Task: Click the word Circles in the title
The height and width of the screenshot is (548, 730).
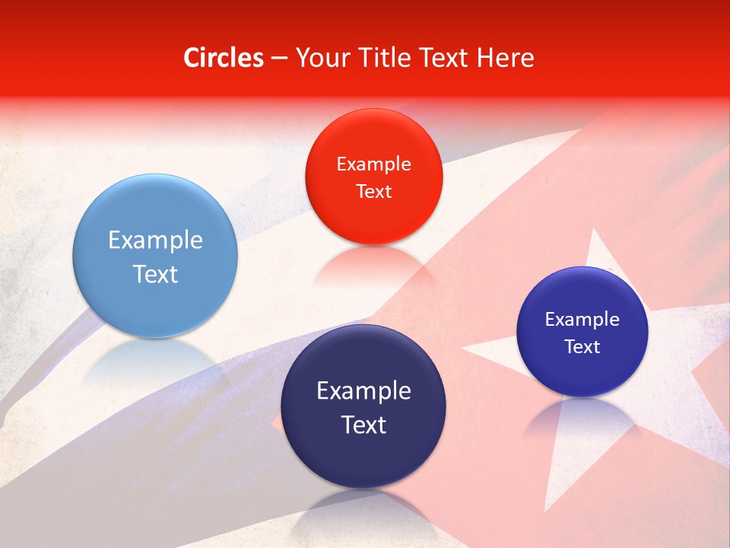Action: pyautogui.click(x=223, y=58)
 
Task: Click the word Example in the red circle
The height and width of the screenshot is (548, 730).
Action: pyautogui.click(x=373, y=164)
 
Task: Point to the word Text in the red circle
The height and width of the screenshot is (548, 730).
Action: pyautogui.click(x=373, y=191)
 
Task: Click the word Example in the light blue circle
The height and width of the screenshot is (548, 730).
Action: pyautogui.click(x=155, y=241)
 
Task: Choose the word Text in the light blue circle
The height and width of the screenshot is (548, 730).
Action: pyautogui.click(x=155, y=274)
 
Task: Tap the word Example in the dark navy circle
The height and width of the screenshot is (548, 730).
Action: pyautogui.click(x=363, y=391)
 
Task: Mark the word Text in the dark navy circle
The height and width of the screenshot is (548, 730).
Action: pyautogui.click(x=363, y=425)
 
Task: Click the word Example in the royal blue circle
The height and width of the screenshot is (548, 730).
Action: pyautogui.click(x=582, y=320)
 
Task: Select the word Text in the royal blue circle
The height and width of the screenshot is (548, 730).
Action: pyautogui.click(x=582, y=347)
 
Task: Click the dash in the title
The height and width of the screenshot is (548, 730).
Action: pyautogui.click(x=279, y=59)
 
